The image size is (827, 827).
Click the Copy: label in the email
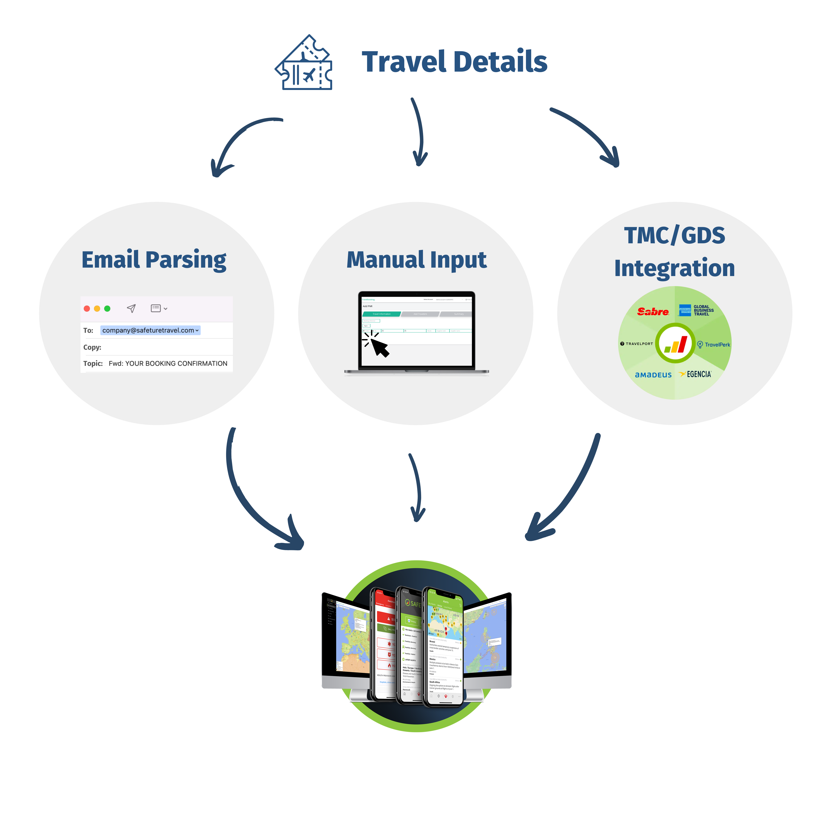(92, 347)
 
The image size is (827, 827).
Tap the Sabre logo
(653, 312)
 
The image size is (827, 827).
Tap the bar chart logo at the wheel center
(675, 344)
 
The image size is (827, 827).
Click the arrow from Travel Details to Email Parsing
(240, 141)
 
